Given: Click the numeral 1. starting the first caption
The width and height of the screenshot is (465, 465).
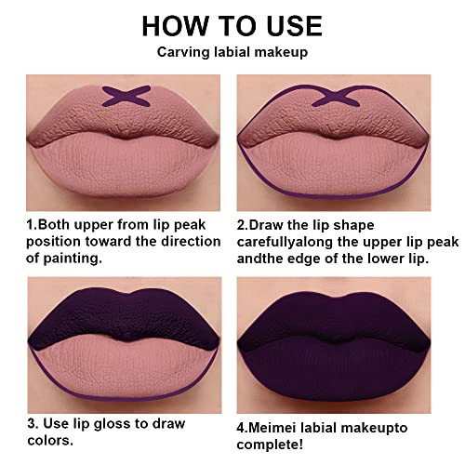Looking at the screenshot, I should tap(31, 223).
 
